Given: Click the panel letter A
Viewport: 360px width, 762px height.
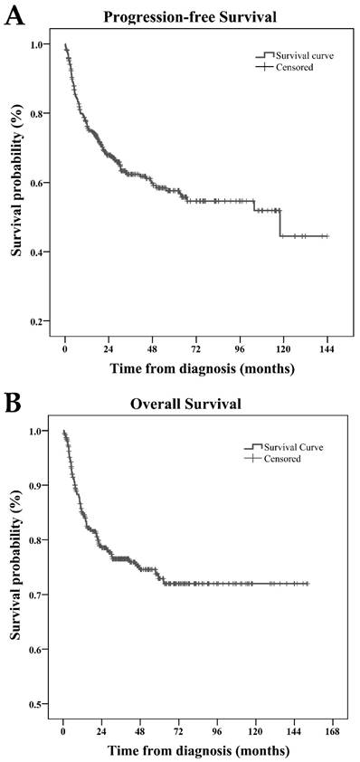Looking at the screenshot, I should tap(14, 17).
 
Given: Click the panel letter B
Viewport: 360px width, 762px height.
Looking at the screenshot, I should tap(14, 404).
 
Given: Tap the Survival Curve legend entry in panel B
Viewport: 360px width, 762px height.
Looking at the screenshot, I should tap(289, 447).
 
